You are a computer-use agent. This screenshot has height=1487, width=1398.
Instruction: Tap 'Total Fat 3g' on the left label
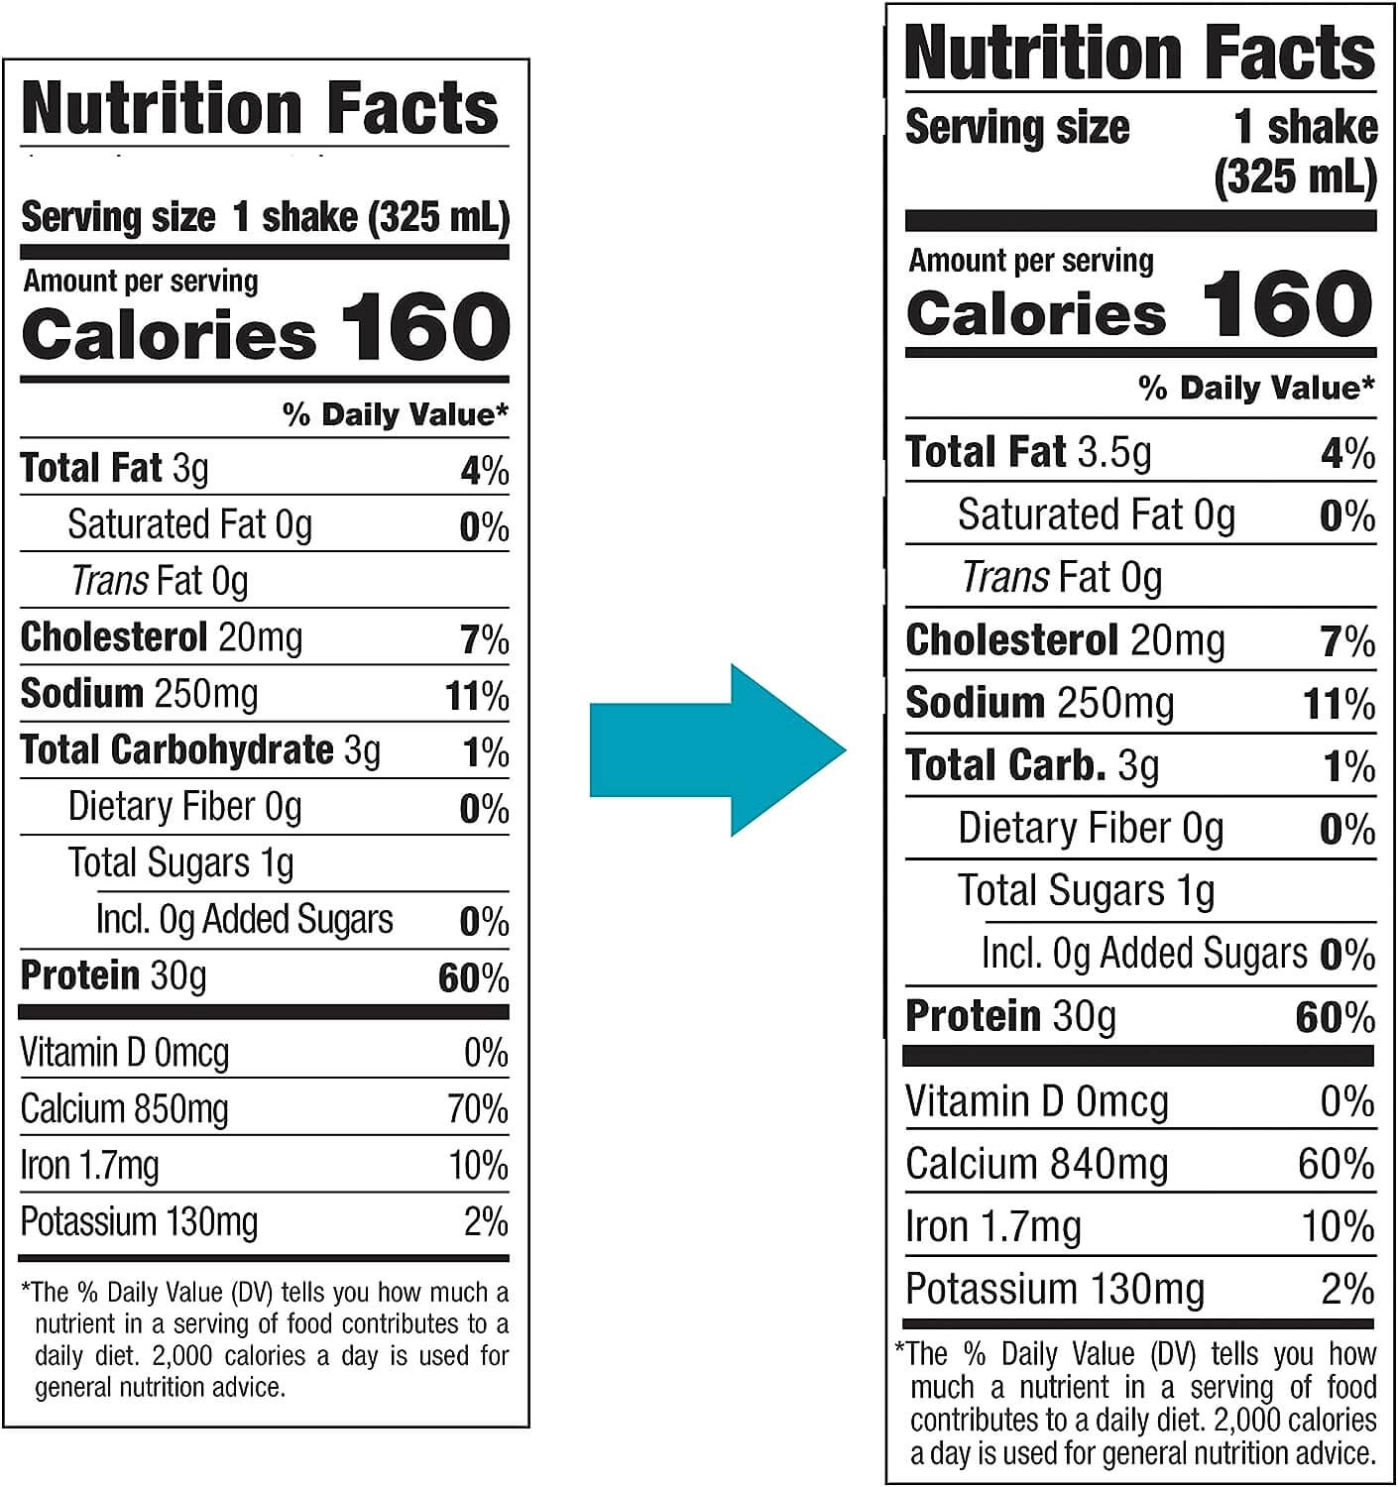point(114,468)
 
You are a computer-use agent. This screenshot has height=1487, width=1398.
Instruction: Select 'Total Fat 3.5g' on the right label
point(1028,452)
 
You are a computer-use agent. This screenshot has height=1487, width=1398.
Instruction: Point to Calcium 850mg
point(124,1108)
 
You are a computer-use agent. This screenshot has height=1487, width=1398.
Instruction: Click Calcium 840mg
point(1036,1164)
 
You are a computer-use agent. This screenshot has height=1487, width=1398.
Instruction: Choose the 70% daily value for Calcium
point(478,1108)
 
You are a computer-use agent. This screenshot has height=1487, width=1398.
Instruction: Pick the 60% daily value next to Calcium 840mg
point(1336,1164)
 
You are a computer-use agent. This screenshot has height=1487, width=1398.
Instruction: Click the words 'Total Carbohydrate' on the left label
point(176,750)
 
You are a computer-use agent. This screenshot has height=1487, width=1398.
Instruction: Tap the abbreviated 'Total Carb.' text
point(1005,765)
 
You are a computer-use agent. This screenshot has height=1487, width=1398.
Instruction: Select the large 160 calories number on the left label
point(425,327)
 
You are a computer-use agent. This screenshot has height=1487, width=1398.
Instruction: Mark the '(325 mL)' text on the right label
point(1295,176)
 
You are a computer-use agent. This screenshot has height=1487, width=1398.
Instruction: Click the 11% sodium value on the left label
point(477,696)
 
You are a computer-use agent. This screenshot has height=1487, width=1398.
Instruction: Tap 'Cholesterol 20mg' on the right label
point(1065,640)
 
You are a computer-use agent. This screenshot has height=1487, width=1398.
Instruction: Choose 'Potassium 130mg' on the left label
point(139,1221)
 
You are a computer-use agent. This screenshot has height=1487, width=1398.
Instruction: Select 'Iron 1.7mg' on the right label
point(992,1227)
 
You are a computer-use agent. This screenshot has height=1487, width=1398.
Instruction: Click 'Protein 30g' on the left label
point(113,976)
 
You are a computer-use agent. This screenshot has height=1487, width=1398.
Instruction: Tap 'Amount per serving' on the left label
point(141,282)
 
